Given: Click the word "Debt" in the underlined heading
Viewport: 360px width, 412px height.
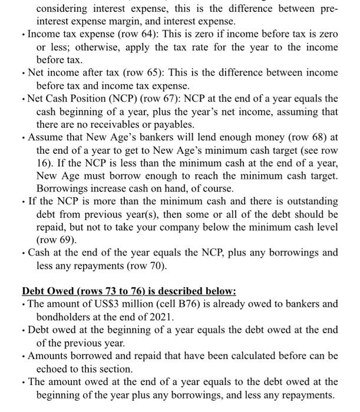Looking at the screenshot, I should coord(34,291).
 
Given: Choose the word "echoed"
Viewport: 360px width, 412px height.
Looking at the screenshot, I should coord(54,369).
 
